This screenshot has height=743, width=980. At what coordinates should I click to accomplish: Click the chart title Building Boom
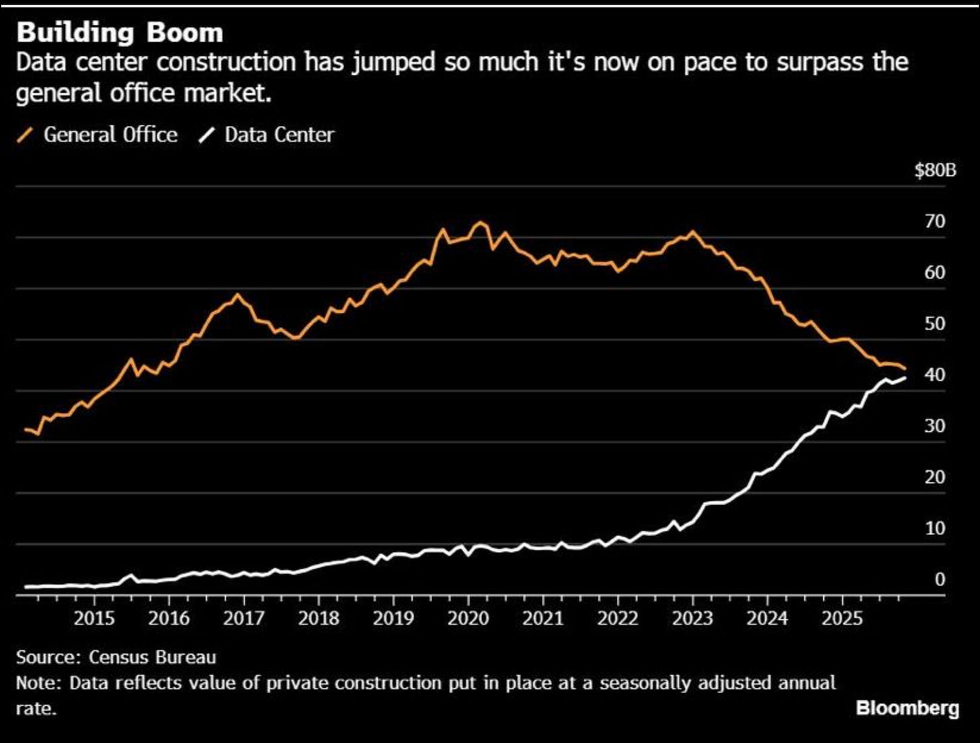tap(119, 32)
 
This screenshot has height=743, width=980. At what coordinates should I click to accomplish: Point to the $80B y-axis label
tap(935, 170)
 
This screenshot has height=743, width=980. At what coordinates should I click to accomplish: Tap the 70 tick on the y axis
tap(935, 222)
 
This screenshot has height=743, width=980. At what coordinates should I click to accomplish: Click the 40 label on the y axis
tap(935, 375)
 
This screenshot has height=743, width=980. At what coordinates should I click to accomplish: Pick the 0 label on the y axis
tap(940, 579)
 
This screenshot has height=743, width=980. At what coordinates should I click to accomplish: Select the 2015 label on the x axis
tap(94, 618)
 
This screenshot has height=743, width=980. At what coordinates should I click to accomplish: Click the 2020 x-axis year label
tap(468, 618)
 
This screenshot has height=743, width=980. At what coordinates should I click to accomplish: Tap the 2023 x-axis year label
tap(693, 618)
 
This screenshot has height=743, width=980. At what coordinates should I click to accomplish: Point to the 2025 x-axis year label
tap(842, 618)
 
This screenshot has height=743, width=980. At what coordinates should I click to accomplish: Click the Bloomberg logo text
tap(907, 708)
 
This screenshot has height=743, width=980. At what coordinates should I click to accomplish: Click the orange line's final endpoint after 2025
tap(905, 368)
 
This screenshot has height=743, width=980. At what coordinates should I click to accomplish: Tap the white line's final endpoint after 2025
tap(905, 378)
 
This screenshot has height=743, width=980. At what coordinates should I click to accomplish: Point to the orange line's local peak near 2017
tap(236, 294)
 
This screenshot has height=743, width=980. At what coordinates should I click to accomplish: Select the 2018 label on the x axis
tap(318, 618)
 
